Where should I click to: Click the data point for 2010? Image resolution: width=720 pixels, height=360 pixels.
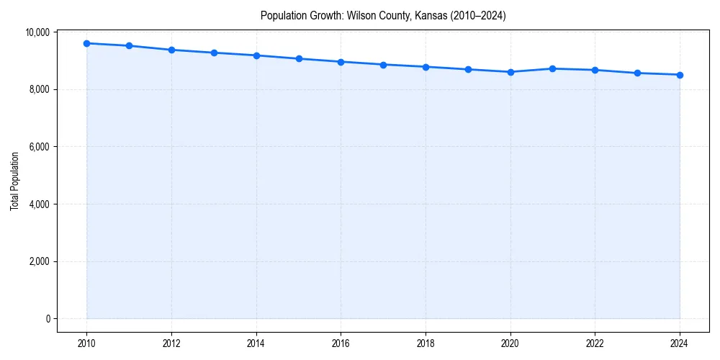[x=86, y=43]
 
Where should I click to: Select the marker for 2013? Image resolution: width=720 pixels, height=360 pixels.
[x=214, y=53]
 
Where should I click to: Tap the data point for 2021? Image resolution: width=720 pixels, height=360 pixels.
[x=552, y=68]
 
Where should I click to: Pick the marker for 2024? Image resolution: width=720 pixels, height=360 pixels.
[x=680, y=75]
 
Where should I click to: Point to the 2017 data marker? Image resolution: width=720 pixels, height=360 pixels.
[x=383, y=65]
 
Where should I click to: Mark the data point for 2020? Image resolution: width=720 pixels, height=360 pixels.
[x=510, y=72]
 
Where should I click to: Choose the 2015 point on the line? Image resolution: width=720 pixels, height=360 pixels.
[x=299, y=58]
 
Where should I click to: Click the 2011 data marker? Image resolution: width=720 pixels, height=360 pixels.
[x=129, y=45]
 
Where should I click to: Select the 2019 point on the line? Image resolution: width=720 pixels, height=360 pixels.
[x=468, y=69]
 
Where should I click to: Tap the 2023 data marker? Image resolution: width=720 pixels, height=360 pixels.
[x=637, y=73]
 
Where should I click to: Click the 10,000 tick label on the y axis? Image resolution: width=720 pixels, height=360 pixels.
[x=37, y=32]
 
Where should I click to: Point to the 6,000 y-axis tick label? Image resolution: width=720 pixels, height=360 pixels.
[x=39, y=147]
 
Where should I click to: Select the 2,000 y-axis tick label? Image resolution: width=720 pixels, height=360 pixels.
[x=39, y=261]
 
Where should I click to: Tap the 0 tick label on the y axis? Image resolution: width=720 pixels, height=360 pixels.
[x=47, y=319]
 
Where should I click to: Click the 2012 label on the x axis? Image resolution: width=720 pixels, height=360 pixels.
[x=171, y=343]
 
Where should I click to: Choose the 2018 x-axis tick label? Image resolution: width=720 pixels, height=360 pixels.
[x=426, y=343]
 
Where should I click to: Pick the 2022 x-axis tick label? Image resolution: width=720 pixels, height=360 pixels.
[x=595, y=343]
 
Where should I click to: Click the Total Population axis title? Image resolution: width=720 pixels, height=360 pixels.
[x=14, y=181]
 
